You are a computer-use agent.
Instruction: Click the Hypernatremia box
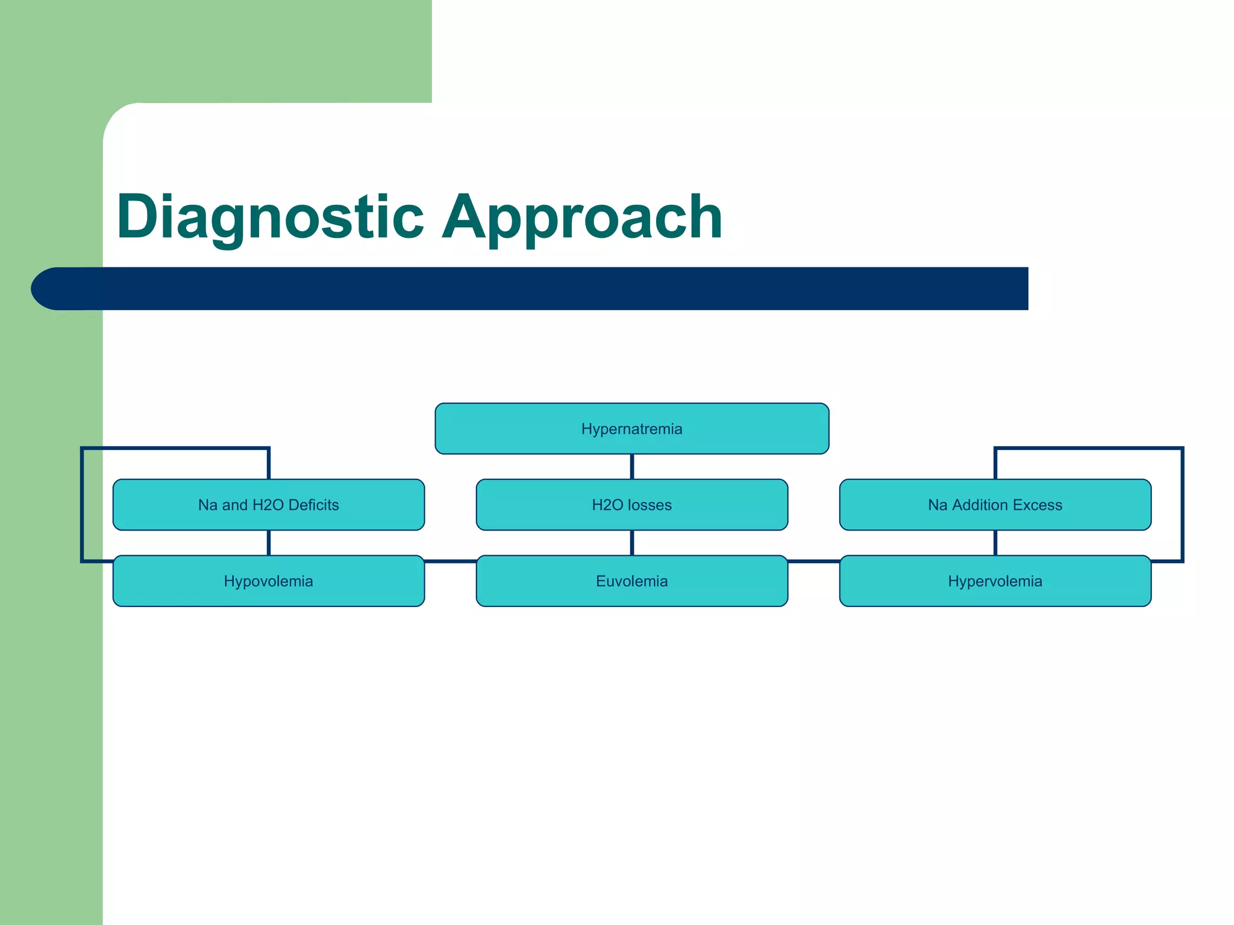click(x=631, y=429)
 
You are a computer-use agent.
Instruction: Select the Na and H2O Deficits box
click(x=268, y=505)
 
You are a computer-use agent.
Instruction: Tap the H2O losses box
click(x=631, y=505)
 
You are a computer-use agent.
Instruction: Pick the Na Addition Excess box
click(x=995, y=505)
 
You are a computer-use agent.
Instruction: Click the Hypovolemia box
click(x=268, y=581)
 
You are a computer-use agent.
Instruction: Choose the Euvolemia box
click(x=631, y=581)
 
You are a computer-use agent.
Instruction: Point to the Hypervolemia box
click(x=995, y=581)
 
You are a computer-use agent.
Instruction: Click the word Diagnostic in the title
click(x=270, y=217)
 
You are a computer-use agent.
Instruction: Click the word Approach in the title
click(x=581, y=217)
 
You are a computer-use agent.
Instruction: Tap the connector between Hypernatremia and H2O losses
click(x=631, y=467)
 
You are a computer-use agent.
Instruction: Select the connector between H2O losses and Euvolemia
click(x=631, y=543)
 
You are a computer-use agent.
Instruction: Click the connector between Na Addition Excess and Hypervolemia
click(x=995, y=543)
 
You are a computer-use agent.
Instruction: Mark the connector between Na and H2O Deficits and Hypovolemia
click(x=268, y=543)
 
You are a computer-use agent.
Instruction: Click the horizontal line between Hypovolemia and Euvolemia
click(x=450, y=561)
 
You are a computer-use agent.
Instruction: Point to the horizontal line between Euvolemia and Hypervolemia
click(x=813, y=561)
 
